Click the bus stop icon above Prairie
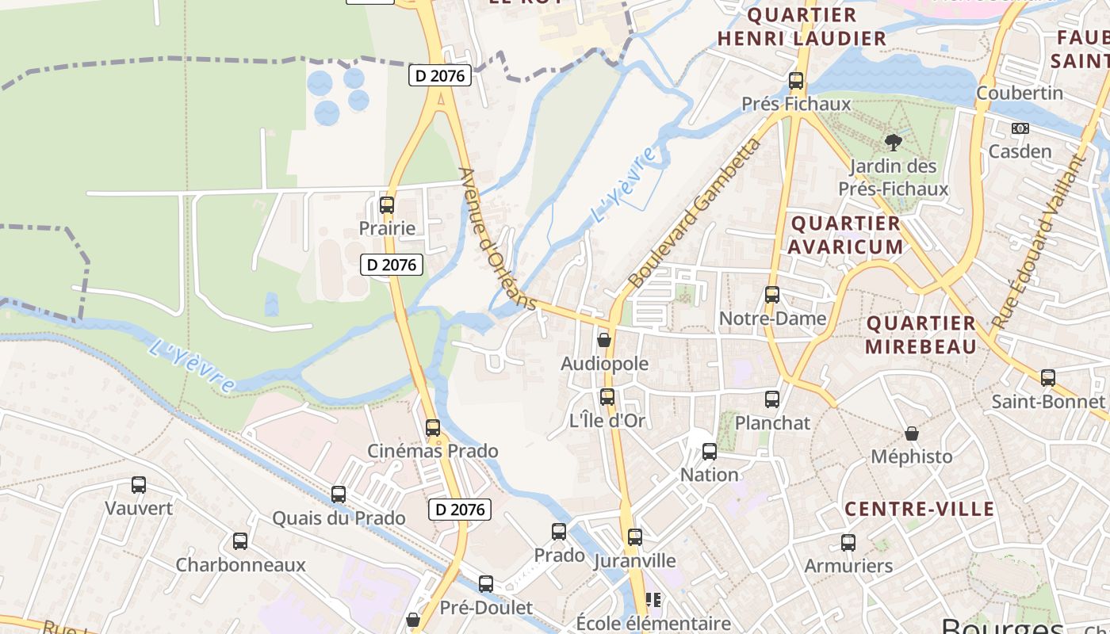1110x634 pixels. pyautogui.click(x=386, y=205)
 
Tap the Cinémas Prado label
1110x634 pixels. pyautogui.click(x=432, y=451)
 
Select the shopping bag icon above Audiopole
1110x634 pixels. pyautogui.click(x=604, y=340)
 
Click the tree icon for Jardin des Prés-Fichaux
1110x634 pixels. pyautogui.click(x=894, y=143)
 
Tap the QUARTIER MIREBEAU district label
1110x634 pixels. pyautogui.click(x=921, y=334)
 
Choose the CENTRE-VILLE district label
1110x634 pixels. pyautogui.click(x=919, y=509)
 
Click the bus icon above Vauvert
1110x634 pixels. pyautogui.click(x=139, y=484)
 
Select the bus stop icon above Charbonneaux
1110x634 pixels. pyautogui.click(x=240, y=541)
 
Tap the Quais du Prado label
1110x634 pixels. pyautogui.click(x=339, y=518)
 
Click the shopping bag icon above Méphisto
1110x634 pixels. pyautogui.click(x=912, y=433)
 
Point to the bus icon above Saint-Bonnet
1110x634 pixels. pyautogui.click(x=1048, y=378)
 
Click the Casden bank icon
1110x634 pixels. pyautogui.click(x=1020, y=128)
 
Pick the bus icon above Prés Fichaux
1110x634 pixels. pyautogui.click(x=796, y=81)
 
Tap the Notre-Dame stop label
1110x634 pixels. pyautogui.click(x=772, y=319)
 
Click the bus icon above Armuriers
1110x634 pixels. pyautogui.click(x=848, y=543)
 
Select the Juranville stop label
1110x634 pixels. pyautogui.click(x=635, y=561)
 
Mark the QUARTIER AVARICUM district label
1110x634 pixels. pyautogui.click(x=845, y=235)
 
